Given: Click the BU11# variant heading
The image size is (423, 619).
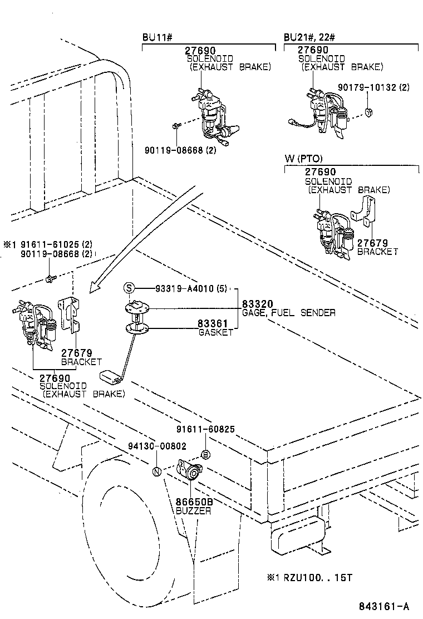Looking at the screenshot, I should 158,37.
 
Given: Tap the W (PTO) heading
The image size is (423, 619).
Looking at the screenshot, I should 303,159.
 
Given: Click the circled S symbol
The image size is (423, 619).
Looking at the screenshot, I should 129,288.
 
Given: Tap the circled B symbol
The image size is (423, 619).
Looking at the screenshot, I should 205,455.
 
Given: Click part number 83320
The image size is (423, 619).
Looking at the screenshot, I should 257,304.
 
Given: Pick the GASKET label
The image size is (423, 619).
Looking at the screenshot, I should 215,332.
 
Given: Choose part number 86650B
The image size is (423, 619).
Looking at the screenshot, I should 194,502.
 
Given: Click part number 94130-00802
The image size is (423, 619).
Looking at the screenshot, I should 156,446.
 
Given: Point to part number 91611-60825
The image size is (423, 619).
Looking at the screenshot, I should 205,429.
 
